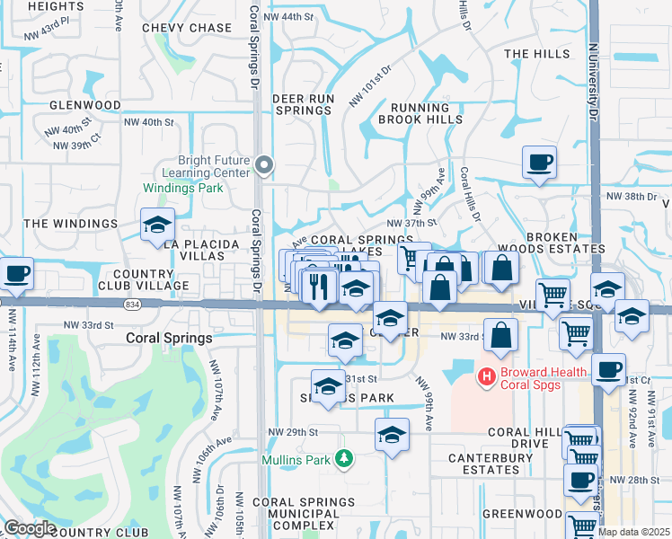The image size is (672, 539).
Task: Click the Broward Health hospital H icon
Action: (x=486, y=375)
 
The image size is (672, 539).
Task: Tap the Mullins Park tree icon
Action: (x=342, y=460)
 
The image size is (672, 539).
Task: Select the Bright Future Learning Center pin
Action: (x=263, y=164)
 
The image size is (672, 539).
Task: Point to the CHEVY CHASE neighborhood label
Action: (x=187, y=28)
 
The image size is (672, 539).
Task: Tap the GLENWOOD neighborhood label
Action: (x=85, y=105)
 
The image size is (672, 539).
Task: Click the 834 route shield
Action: (x=133, y=306)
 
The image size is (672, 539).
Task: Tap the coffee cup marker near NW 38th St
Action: (x=539, y=163)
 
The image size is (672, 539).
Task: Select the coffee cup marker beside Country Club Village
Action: (x=15, y=272)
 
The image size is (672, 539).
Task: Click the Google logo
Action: (x=30, y=528)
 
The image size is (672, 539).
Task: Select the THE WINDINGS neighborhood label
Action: (x=70, y=223)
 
